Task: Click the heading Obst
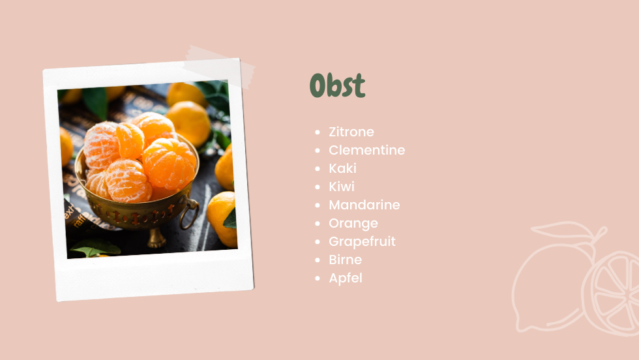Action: point(338,85)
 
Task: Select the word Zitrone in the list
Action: point(351,132)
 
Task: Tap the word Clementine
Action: point(366,150)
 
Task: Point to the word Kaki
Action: point(343,168)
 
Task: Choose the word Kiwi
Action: point(342,187)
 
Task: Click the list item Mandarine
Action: point(364,205)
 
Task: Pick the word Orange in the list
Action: point(353,224)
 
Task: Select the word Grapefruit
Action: point(363,241)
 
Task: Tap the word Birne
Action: point(345,260)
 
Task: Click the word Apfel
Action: point(346,278)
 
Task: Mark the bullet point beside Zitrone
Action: point(318,132)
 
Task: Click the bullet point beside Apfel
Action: point(318,278)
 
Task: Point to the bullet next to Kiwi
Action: point(318,187)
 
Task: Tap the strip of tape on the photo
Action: point(219,67)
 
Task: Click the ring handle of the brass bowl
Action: point(190,213)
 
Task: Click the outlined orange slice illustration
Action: point(612,293)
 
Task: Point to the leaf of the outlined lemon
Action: point(562,230)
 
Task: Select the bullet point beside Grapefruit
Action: point(318,242)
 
